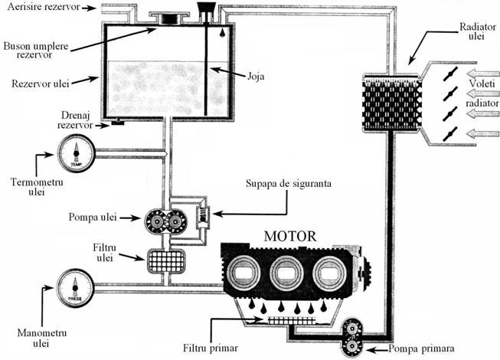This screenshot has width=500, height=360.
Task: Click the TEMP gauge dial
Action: point(76,155)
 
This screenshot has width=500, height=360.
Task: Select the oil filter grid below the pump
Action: point(167,260)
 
